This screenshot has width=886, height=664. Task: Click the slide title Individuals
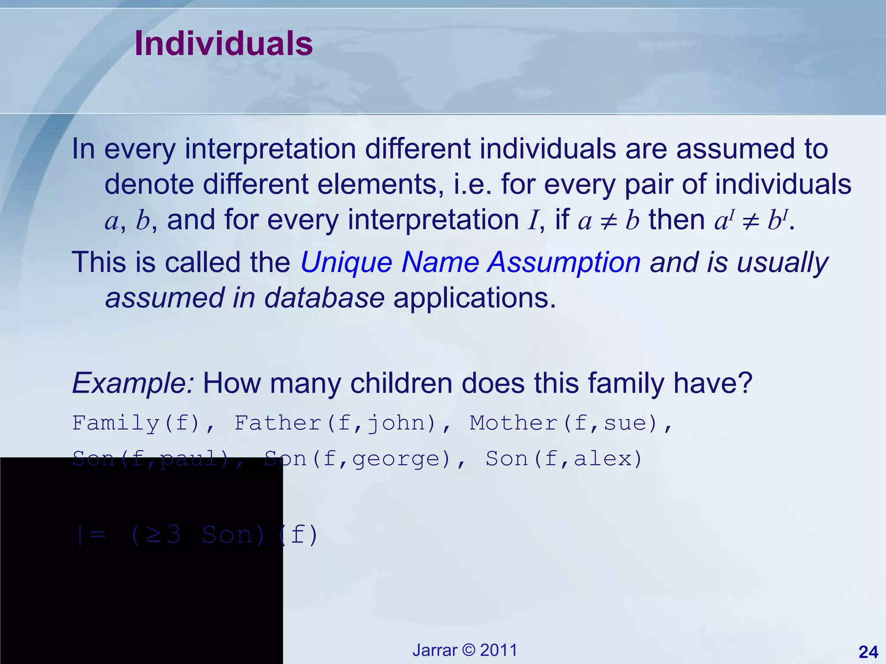(223, 44)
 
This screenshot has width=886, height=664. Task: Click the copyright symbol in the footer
(469, 650)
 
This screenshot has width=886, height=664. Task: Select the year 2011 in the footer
(498, 650)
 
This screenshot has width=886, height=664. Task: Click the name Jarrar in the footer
(434, 650)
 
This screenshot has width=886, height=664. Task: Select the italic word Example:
(133, 383)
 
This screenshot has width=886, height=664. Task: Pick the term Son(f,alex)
(564, 459)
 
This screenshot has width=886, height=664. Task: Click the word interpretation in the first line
(270, 149)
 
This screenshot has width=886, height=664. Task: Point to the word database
(324, 298)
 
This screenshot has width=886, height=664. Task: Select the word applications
(474, 298)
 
